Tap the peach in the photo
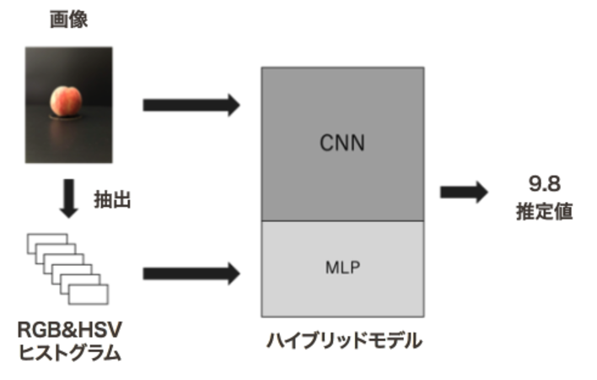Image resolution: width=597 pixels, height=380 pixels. (x=67, y=100)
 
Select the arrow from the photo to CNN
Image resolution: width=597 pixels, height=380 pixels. (x=191, y=105)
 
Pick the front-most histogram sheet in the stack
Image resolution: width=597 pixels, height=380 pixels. (x=89, y=292)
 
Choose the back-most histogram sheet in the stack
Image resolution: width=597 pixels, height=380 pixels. (x=44, y=242)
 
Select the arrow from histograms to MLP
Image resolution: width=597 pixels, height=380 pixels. (x=191, y=273)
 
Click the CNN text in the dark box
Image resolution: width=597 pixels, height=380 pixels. (x=342, y=142)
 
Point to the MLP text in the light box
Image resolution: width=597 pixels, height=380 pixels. (x=342, y=269)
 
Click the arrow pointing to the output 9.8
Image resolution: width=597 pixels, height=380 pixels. (x=464, y=192)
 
